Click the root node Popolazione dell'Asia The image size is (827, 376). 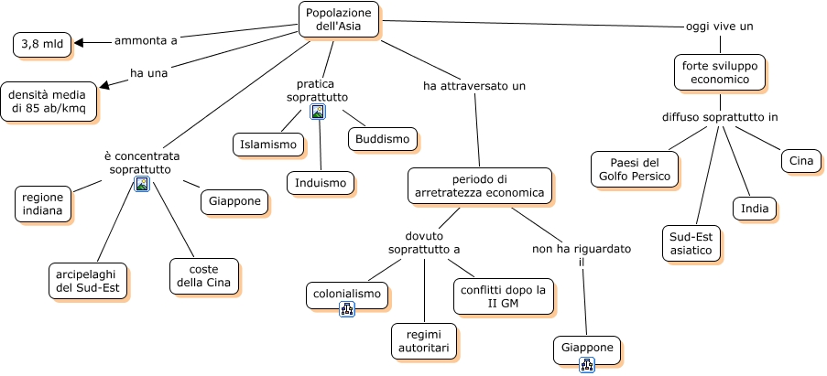coord(339,19)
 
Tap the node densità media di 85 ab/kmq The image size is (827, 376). coord(49,101)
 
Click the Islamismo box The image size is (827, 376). coord(268,145)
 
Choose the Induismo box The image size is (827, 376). coord(321,183)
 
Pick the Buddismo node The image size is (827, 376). coord(383,139)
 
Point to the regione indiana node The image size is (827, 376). coord(44,203)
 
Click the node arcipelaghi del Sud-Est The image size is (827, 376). coord(88,280)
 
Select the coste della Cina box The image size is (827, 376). coord(204,276)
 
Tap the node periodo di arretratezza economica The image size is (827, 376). coord(480,186)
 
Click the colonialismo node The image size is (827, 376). coord(346,295)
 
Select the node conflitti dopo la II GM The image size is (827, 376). coord(504,296)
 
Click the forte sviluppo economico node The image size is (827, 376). coord(720,72)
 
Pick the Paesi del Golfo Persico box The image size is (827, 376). coord(634,168)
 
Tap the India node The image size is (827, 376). coord(755,209)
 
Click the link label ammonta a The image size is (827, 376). coord(146,40)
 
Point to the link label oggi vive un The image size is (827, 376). coord(719,27)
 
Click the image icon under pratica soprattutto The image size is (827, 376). coord(318,112)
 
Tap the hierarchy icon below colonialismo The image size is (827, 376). coord(347,309)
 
